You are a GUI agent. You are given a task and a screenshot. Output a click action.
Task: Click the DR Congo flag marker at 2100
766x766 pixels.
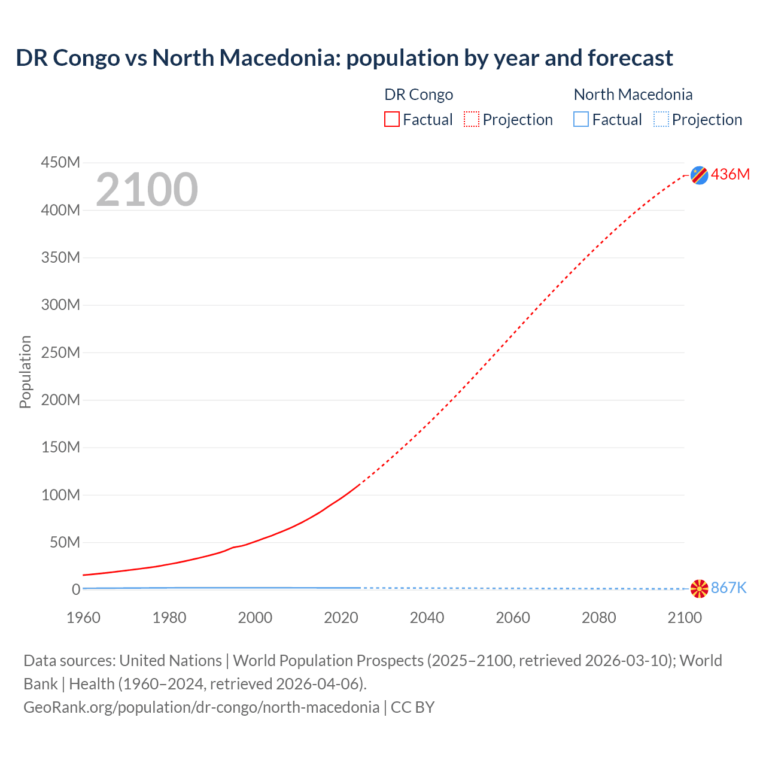coord(699,175)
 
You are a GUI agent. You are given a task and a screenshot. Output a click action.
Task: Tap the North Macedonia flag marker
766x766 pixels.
coord(699,588)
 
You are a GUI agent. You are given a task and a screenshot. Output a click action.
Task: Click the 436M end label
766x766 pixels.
coord(730,174)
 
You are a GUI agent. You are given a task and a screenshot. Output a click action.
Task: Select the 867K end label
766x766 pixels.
coord(729,588)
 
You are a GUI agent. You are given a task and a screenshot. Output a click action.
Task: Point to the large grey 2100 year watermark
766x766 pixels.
coord(147,189)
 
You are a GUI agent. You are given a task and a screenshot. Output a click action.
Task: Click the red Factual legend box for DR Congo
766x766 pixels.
coord(392,119)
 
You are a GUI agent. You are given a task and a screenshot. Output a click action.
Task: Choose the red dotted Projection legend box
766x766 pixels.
coord(472,119)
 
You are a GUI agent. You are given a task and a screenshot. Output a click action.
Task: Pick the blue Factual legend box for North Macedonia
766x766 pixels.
coord(581,119)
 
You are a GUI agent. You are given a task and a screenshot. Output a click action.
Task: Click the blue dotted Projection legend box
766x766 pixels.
coord(661,119)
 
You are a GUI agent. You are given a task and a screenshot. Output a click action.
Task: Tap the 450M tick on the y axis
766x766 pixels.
coord(60,162)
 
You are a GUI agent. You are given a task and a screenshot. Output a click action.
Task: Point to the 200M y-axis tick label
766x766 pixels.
coord(60,400)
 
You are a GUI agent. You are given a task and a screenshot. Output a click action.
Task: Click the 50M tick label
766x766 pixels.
coord(65,542)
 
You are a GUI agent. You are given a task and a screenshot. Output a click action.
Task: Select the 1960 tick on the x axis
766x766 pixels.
coord(83,618)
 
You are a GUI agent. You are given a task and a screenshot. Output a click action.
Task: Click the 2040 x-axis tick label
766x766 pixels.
coord(427,618)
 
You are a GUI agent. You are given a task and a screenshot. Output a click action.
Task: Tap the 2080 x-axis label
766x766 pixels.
coord(598,618)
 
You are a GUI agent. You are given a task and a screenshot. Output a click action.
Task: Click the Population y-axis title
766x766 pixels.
coord(25,372)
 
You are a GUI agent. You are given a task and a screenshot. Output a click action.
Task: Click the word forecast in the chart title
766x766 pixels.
coord(630,58)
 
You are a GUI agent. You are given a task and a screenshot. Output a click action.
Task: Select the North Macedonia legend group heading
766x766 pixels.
coord(633,95)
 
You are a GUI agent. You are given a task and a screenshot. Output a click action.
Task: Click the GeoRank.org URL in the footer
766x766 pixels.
coord(201,707)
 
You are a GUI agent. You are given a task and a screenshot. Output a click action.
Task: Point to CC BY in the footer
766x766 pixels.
coord(412,707)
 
